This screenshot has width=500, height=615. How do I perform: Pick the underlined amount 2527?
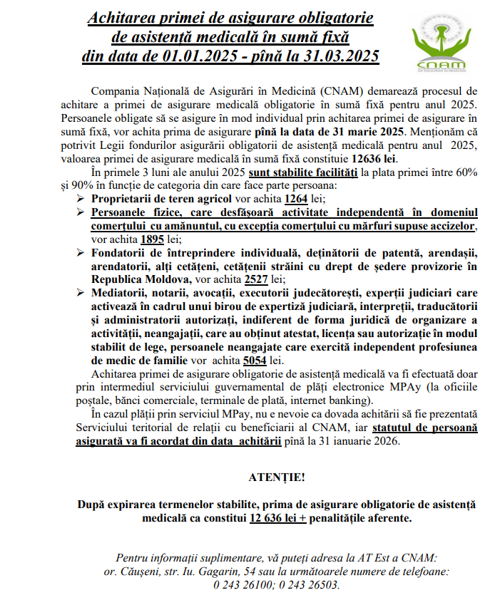[x=255, y=279]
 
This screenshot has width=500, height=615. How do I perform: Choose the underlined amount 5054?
[x=255, y=361]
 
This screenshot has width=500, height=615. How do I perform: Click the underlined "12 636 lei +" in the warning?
[x=277, y=518]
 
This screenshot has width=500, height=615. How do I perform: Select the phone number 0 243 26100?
[x=244, y=585]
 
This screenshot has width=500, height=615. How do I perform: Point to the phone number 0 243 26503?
[x=309, y=585]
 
